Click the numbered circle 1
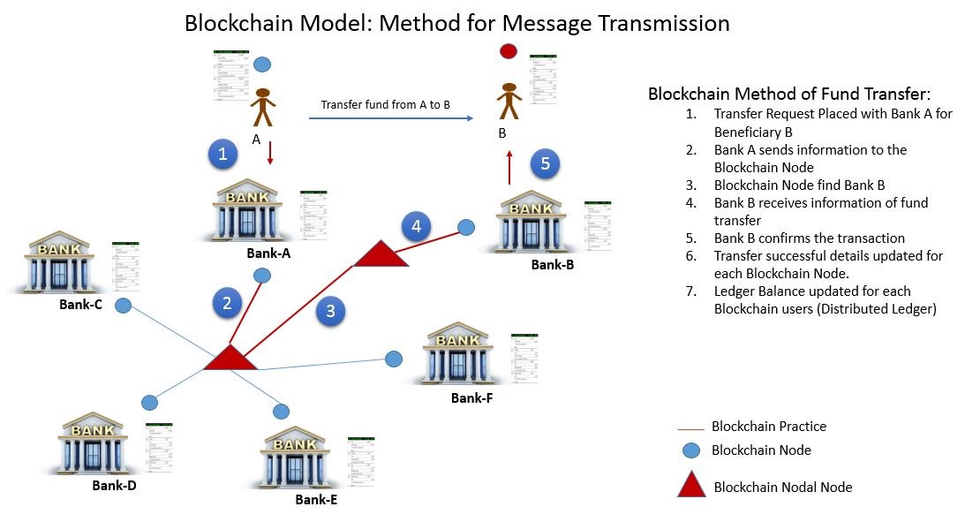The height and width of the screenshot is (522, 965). [x=223, y=155]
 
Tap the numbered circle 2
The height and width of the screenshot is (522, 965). [x=227, y=303]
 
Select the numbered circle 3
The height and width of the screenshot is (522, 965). [x=330, y=310]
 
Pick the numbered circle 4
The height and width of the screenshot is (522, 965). [x=416, y=226]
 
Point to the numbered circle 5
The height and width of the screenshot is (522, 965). [x=545, y=163]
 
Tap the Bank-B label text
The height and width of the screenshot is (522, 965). [x=554, y=264]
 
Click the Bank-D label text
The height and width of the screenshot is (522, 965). [x=115, y=485]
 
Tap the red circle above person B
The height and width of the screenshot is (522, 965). [x=508, y=52]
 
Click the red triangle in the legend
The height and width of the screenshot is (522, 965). [x=690, y=484]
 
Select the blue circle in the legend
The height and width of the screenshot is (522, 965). [x=690, y=450]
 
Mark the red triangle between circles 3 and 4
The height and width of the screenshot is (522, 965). [x=381, y=253]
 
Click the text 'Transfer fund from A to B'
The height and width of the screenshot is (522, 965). [x=386, y=104]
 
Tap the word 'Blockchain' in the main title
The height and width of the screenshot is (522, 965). [x=234, y=23]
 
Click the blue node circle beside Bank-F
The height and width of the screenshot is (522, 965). [x=394, y=359]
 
